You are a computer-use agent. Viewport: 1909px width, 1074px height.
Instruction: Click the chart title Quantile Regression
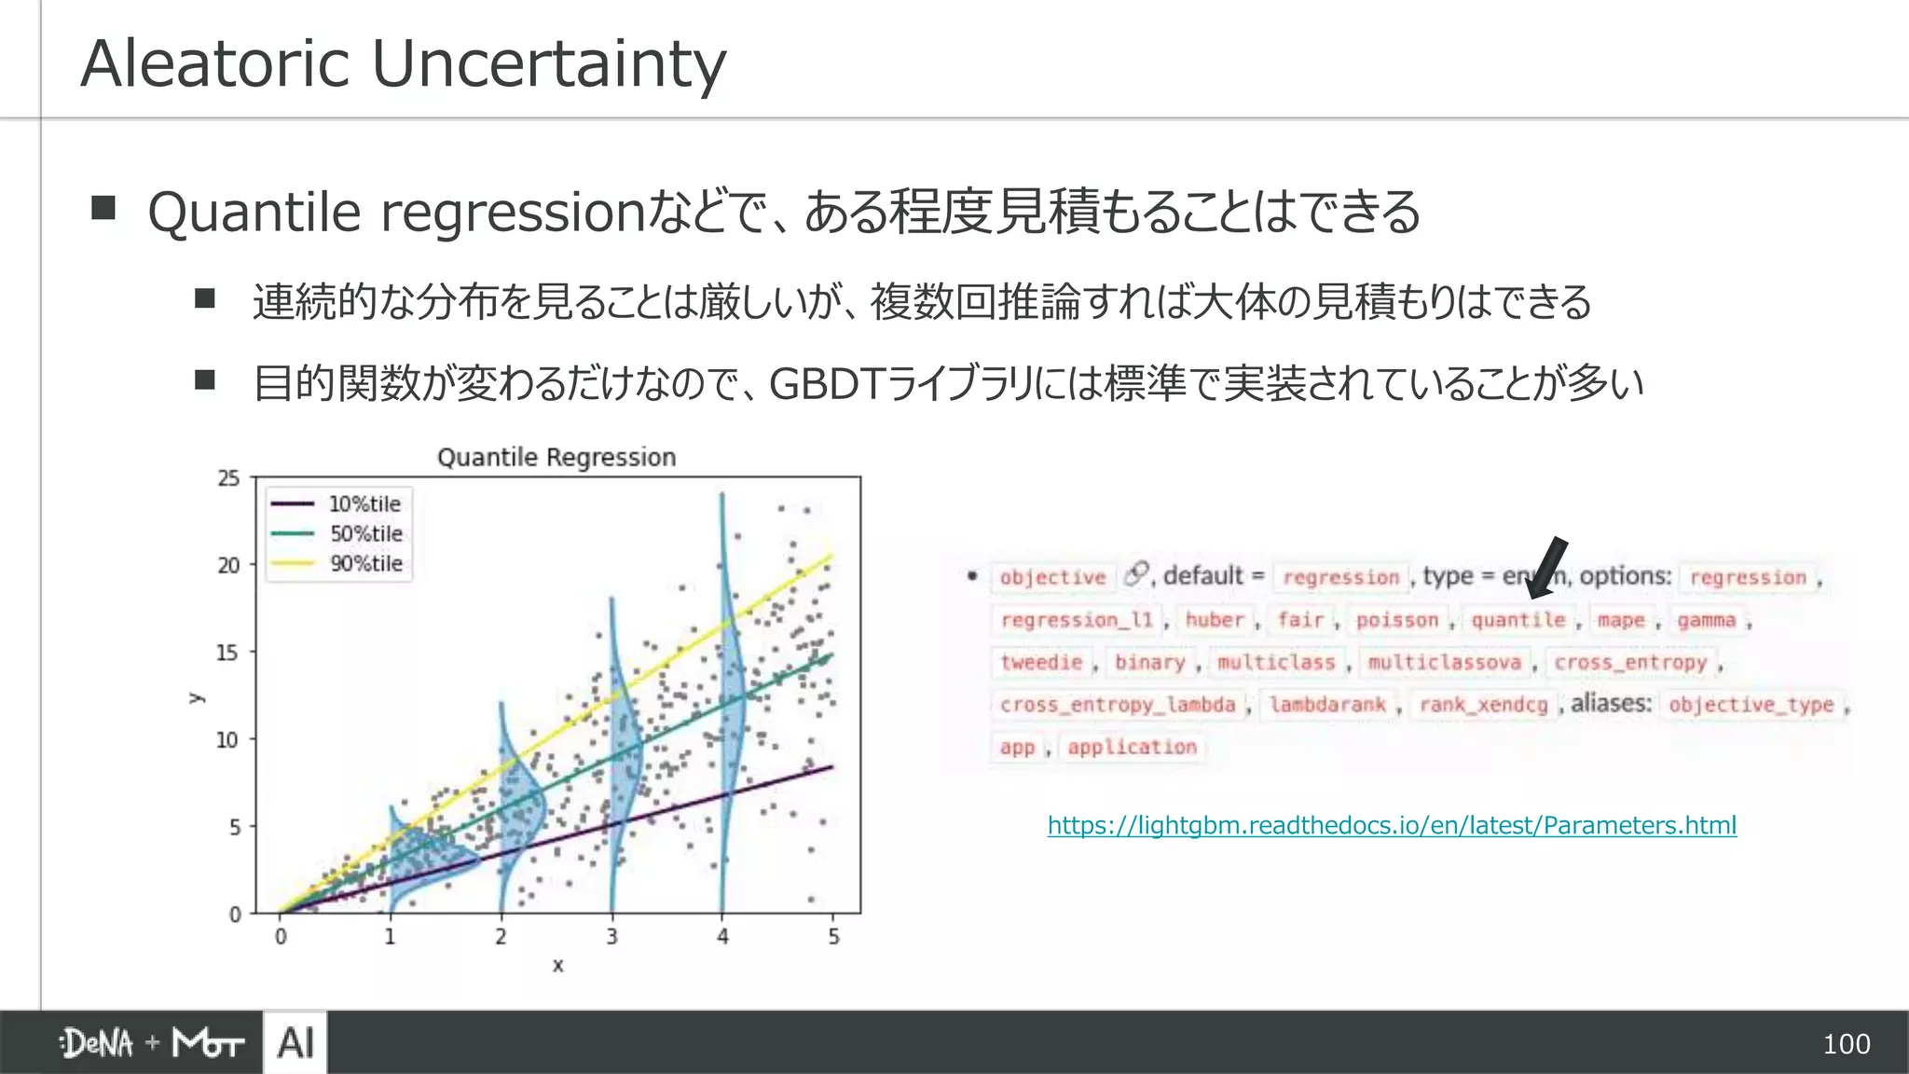coord(556,458)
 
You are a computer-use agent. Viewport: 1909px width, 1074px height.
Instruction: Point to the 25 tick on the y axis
coord(228,478)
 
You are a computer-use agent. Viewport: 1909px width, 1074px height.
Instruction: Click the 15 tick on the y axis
coord(227,653)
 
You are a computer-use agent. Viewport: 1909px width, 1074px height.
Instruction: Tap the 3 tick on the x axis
coord(611,937)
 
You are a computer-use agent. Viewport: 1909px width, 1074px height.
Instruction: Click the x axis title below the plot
coord(557,966)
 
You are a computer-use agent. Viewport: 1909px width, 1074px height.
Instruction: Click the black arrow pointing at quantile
coord(1547,568)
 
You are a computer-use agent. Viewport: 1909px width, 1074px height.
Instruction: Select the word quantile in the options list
coord(1518,620)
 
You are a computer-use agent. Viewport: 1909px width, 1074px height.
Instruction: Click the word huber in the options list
coord(1215,620)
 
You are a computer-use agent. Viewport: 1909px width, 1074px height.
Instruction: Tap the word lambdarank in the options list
coord(1327,705)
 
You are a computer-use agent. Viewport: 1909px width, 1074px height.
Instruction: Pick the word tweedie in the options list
coord(1041,663)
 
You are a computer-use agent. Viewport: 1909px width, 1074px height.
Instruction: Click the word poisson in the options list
coord(1396,620)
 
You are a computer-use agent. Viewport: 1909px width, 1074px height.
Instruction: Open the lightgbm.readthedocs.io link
coord(1392,825)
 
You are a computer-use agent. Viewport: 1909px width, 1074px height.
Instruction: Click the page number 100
coord(1846,1044)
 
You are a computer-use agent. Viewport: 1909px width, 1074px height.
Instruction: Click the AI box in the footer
coord(295,1042)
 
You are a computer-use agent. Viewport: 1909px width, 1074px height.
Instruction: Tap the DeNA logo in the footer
coord(98,1043)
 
